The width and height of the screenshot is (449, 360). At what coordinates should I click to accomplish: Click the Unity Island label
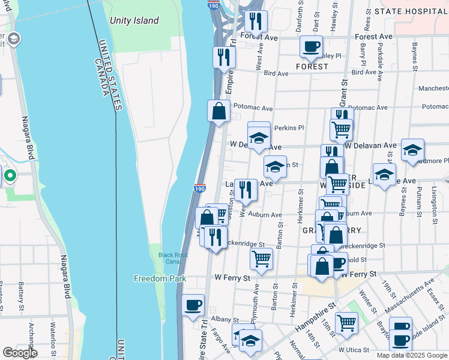tap(134, 20)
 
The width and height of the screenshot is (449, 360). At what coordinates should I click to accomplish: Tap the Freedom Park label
tap(160, 278)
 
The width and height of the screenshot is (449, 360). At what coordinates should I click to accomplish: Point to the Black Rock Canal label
tap(173, 259)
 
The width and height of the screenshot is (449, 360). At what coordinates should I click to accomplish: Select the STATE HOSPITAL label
tap(411, 11)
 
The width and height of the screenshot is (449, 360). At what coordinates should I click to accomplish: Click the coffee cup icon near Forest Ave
tap(311, 47)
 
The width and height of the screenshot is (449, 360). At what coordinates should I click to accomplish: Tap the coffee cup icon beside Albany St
tap(193, 305)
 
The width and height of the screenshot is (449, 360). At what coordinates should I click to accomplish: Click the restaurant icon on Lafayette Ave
tap(246, 190)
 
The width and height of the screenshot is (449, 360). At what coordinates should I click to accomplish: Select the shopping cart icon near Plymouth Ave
tap(261, 259)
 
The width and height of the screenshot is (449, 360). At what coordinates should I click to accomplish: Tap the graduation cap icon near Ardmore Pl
tap(413, 150)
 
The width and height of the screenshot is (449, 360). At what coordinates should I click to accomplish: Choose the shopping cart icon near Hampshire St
tap(346, 323)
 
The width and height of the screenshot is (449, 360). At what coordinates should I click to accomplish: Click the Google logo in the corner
tap(20, 353)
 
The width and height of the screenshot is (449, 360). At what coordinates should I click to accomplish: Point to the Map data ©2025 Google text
tap(412, 355)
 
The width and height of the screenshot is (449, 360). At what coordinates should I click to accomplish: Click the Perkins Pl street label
tap(290, 128)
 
